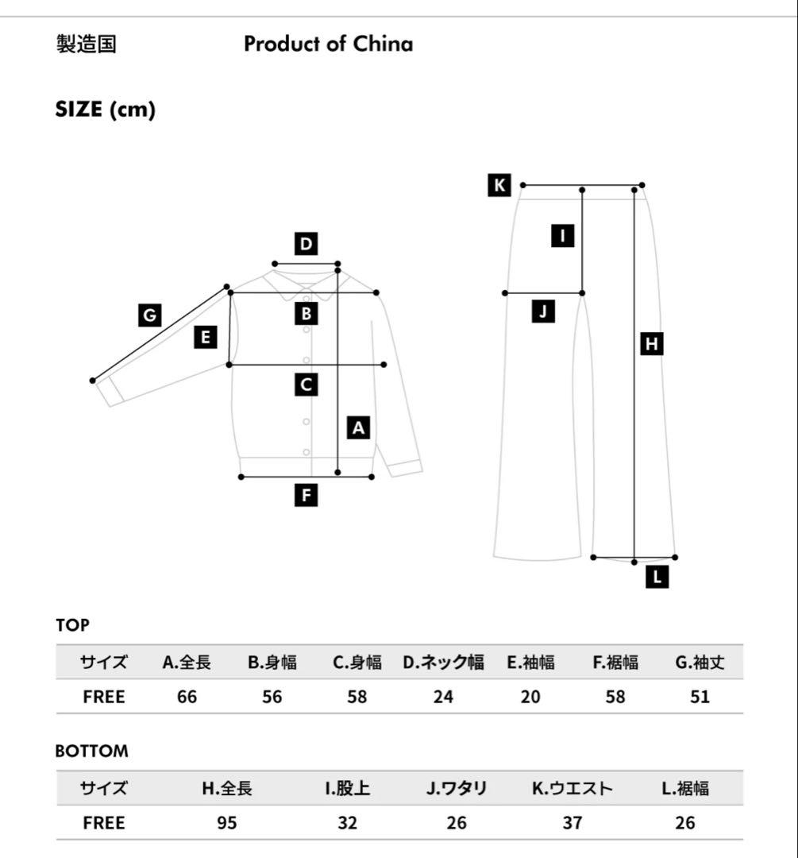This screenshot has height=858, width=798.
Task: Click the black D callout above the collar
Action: (306, 244)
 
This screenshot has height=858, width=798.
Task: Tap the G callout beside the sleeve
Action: (150, 315)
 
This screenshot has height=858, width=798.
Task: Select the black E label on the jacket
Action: (205, 337)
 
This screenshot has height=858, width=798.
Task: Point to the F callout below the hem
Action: (306, 495)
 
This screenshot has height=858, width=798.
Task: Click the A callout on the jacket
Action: (358, 427)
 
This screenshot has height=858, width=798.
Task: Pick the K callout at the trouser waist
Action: (499, 185)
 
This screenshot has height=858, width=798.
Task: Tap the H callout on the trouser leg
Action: (651, 344)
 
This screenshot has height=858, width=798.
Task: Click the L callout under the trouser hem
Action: (657, 576)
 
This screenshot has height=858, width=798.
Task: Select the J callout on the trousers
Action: (543, 311)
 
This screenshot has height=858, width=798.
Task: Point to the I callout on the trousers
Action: (562, 236)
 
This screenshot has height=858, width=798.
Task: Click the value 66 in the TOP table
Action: (187, 697)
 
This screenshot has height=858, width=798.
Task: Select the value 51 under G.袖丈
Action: (700, 697)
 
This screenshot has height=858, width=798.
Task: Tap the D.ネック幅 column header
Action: (444, 662)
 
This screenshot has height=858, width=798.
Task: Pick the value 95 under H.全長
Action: (227, 822)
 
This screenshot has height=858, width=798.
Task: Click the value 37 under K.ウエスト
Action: (572, 822)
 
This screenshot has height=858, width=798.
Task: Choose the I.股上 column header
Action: (347, 788)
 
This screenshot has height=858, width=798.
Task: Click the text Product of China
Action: (328, 44)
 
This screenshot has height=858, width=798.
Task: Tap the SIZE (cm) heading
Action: (106, 110)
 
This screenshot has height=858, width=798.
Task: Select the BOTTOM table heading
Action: (92, 751)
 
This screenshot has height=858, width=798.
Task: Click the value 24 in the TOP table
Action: (443, 697)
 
